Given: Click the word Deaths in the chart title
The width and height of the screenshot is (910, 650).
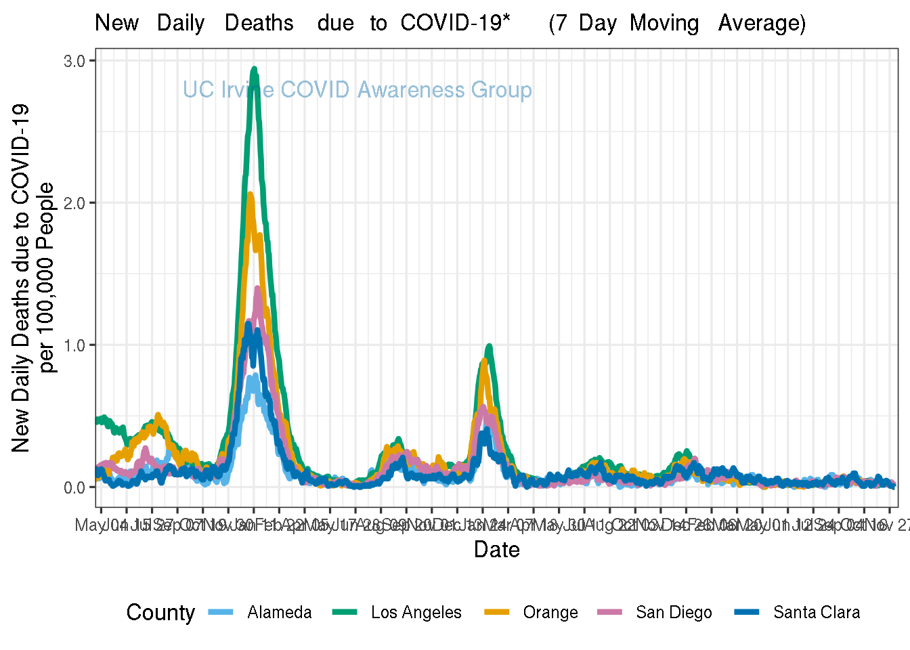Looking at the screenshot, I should click(259, 23).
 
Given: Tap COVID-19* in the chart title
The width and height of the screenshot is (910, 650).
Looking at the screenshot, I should click(455, 23).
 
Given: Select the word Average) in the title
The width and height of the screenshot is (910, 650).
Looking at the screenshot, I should click(762, 23).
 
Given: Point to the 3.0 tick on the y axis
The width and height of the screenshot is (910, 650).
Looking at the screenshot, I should click(74, 61).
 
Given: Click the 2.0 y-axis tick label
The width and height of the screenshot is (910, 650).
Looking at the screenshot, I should click(74, 203).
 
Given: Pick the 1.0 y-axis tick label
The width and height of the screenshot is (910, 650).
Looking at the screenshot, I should click(74, 345).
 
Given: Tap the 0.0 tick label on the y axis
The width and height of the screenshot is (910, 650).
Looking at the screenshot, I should click(74, 487).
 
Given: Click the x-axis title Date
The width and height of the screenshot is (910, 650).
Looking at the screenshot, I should click(496, 549).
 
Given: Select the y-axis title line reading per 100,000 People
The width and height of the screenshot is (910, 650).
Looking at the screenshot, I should click(47, 278).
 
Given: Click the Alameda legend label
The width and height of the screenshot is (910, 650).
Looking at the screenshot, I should click(279, 613).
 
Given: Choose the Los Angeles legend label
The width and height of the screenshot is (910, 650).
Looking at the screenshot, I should click(416, 613).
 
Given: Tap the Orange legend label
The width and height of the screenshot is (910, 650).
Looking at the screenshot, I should click(550, 613).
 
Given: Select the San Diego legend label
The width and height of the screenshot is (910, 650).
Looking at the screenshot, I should click(674, 613).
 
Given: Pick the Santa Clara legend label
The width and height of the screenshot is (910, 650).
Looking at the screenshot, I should click(816, 613).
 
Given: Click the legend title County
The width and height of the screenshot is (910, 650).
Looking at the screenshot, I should click(160, 613).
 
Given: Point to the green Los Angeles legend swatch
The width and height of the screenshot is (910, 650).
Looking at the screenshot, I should click(345, 612).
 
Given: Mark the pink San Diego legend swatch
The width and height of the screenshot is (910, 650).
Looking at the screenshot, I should click(609, 612).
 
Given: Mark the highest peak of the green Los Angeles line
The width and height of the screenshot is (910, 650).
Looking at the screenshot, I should click(254, 68).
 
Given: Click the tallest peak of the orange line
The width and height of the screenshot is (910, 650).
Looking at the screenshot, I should click(250, 194).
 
